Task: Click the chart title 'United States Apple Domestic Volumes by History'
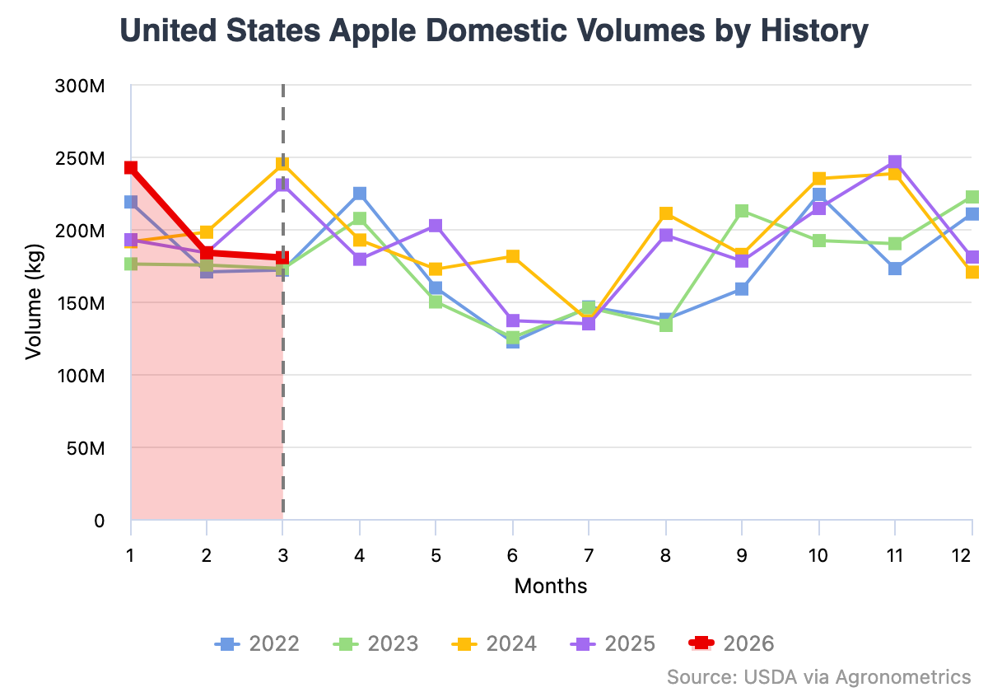click(494, 31)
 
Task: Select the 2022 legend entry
click(257, 643)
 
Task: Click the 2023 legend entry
click(375, 643)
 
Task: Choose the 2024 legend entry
click(494, 643)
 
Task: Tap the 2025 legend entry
click(613, 643)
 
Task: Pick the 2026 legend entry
click(731, 643)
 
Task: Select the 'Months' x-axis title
click(551, 586)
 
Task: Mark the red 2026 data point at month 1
click(130, 168)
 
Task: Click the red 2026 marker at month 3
click(282, 258)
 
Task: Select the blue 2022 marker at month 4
click(360, 194)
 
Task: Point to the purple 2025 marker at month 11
click(895, 162)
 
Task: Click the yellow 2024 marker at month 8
click(665, 214)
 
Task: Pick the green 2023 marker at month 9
click(742, 211)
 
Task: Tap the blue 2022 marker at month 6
click(513, 342)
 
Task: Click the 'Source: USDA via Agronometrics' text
click(818, 676)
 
